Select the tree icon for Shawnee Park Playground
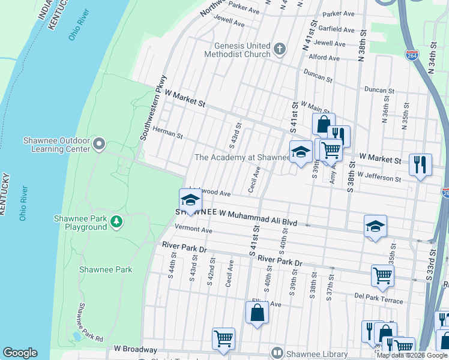click(116, 223)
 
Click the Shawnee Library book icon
click(277, 353)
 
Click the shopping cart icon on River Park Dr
click(382, 275)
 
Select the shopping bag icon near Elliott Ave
click(257, 313)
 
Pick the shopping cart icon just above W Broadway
click(223, 338)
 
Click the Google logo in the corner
click(20, 353)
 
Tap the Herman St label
click(167, 133)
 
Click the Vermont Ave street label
click(194, 230)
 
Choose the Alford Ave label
click(324, 58)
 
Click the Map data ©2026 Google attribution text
click(412, 355)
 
